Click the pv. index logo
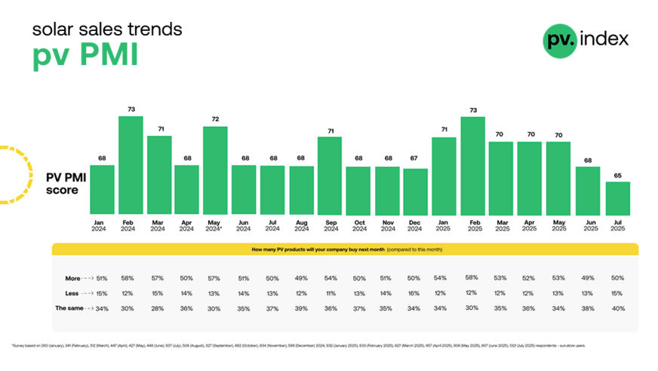[586, 39]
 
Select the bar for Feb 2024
[131, 165]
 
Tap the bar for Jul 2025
[617, 198]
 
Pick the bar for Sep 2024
[330, 175]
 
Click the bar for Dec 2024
[416, 191]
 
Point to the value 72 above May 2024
[215, 119]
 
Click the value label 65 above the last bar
[617, 175]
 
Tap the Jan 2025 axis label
[444, 225]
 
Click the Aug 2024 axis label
[301, 225]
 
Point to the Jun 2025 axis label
[589, 225]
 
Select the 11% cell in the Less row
[330, 293]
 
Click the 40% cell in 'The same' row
[617, 308]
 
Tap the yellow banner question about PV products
[345, 249]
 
